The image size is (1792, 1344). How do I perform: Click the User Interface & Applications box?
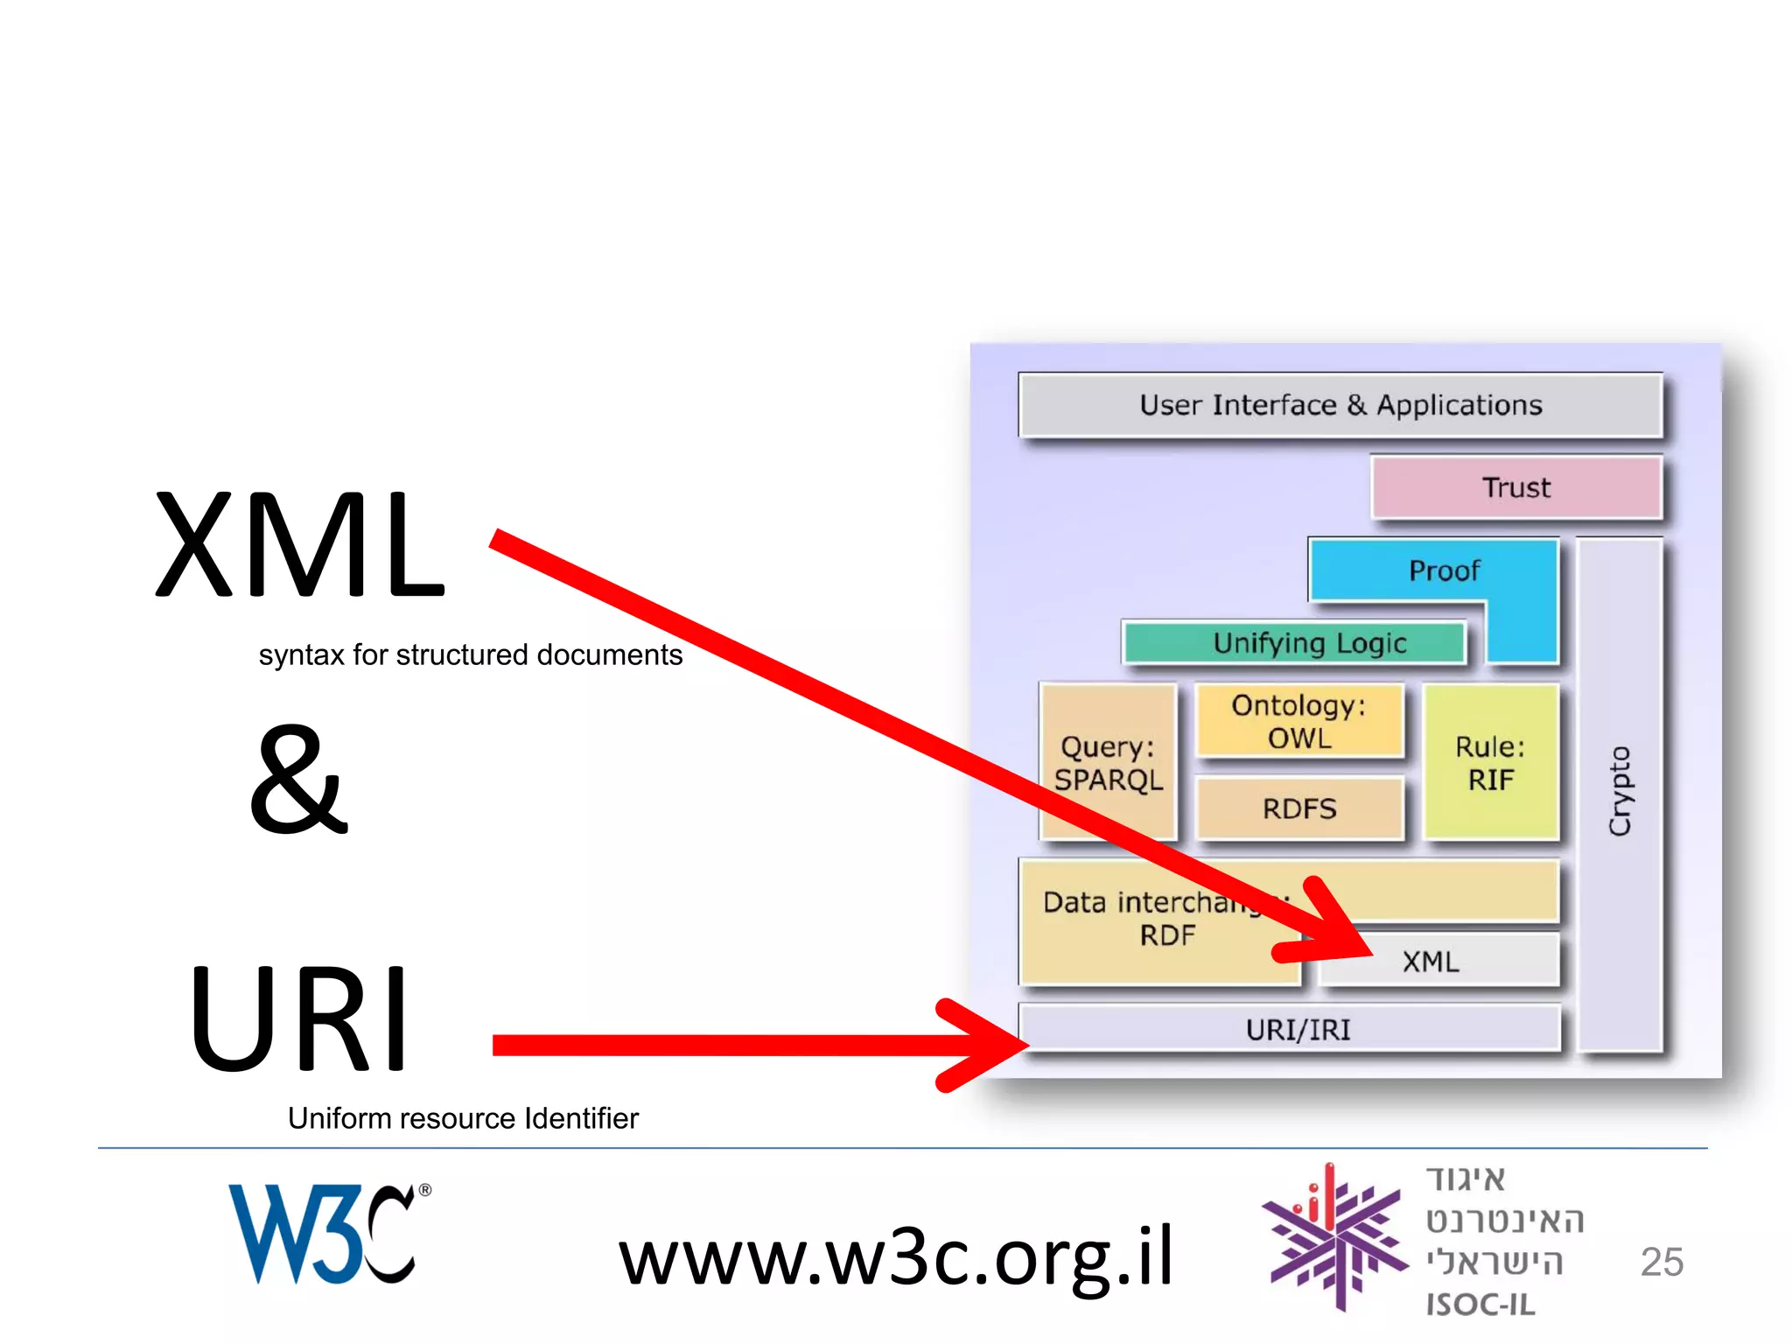pyautogui.click(x=1340, y=405)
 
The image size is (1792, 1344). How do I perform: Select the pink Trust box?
pyautogui.click(x=1515, y=487)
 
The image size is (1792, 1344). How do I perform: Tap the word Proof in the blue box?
pyautogui.click(x=1444, y=571)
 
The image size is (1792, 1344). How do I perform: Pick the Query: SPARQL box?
pyautogui.click(x=1107, y=762)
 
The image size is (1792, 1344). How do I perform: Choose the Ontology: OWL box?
pyautogui.click(x=1298, y=721)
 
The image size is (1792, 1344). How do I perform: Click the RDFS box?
pyautogui.click(x=1298, y=808)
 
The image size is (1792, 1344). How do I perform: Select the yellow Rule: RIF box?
pyautogui.click(x=1490, y=762)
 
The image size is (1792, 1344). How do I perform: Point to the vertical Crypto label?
pyautogui.click(x=1620, y=791)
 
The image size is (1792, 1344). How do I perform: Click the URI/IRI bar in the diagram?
pyautogui.click(x=1298, y=1030)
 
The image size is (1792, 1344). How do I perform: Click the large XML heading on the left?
pyautogui.click(x=300, y=544)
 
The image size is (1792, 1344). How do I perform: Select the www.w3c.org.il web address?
pyautogui.click(x=895, y=1256)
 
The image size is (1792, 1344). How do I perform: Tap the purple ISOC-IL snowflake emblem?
pyautogui.click(x=1333, y=1236)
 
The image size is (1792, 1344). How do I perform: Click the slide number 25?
pyautogui.click(x=1661, y=1262)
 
